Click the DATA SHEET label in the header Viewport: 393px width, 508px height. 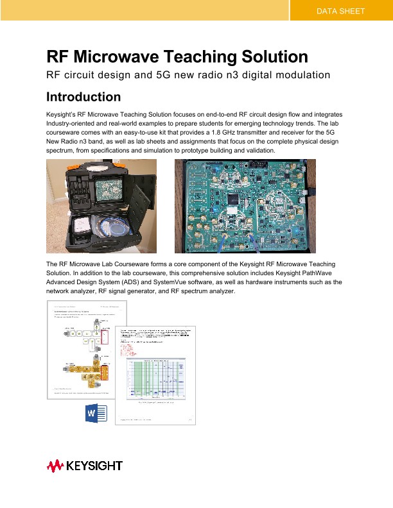click(340, 12)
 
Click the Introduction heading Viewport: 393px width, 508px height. click(83, 97)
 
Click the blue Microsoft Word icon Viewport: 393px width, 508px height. click(96, 413)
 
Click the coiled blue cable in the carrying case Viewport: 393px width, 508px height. click(114, 229)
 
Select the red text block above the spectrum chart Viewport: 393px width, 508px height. click(128, 347)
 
